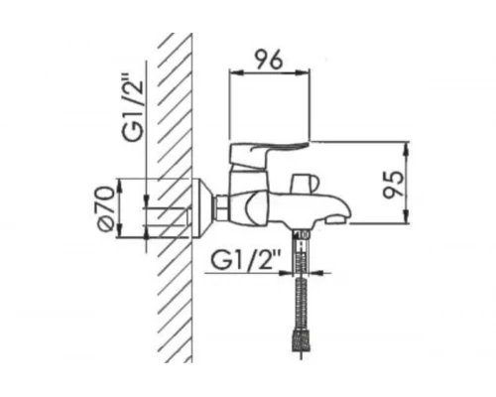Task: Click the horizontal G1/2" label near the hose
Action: click(246, 262)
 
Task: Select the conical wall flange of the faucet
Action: click(203, 209)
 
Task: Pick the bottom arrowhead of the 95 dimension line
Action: click(408, 223)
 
